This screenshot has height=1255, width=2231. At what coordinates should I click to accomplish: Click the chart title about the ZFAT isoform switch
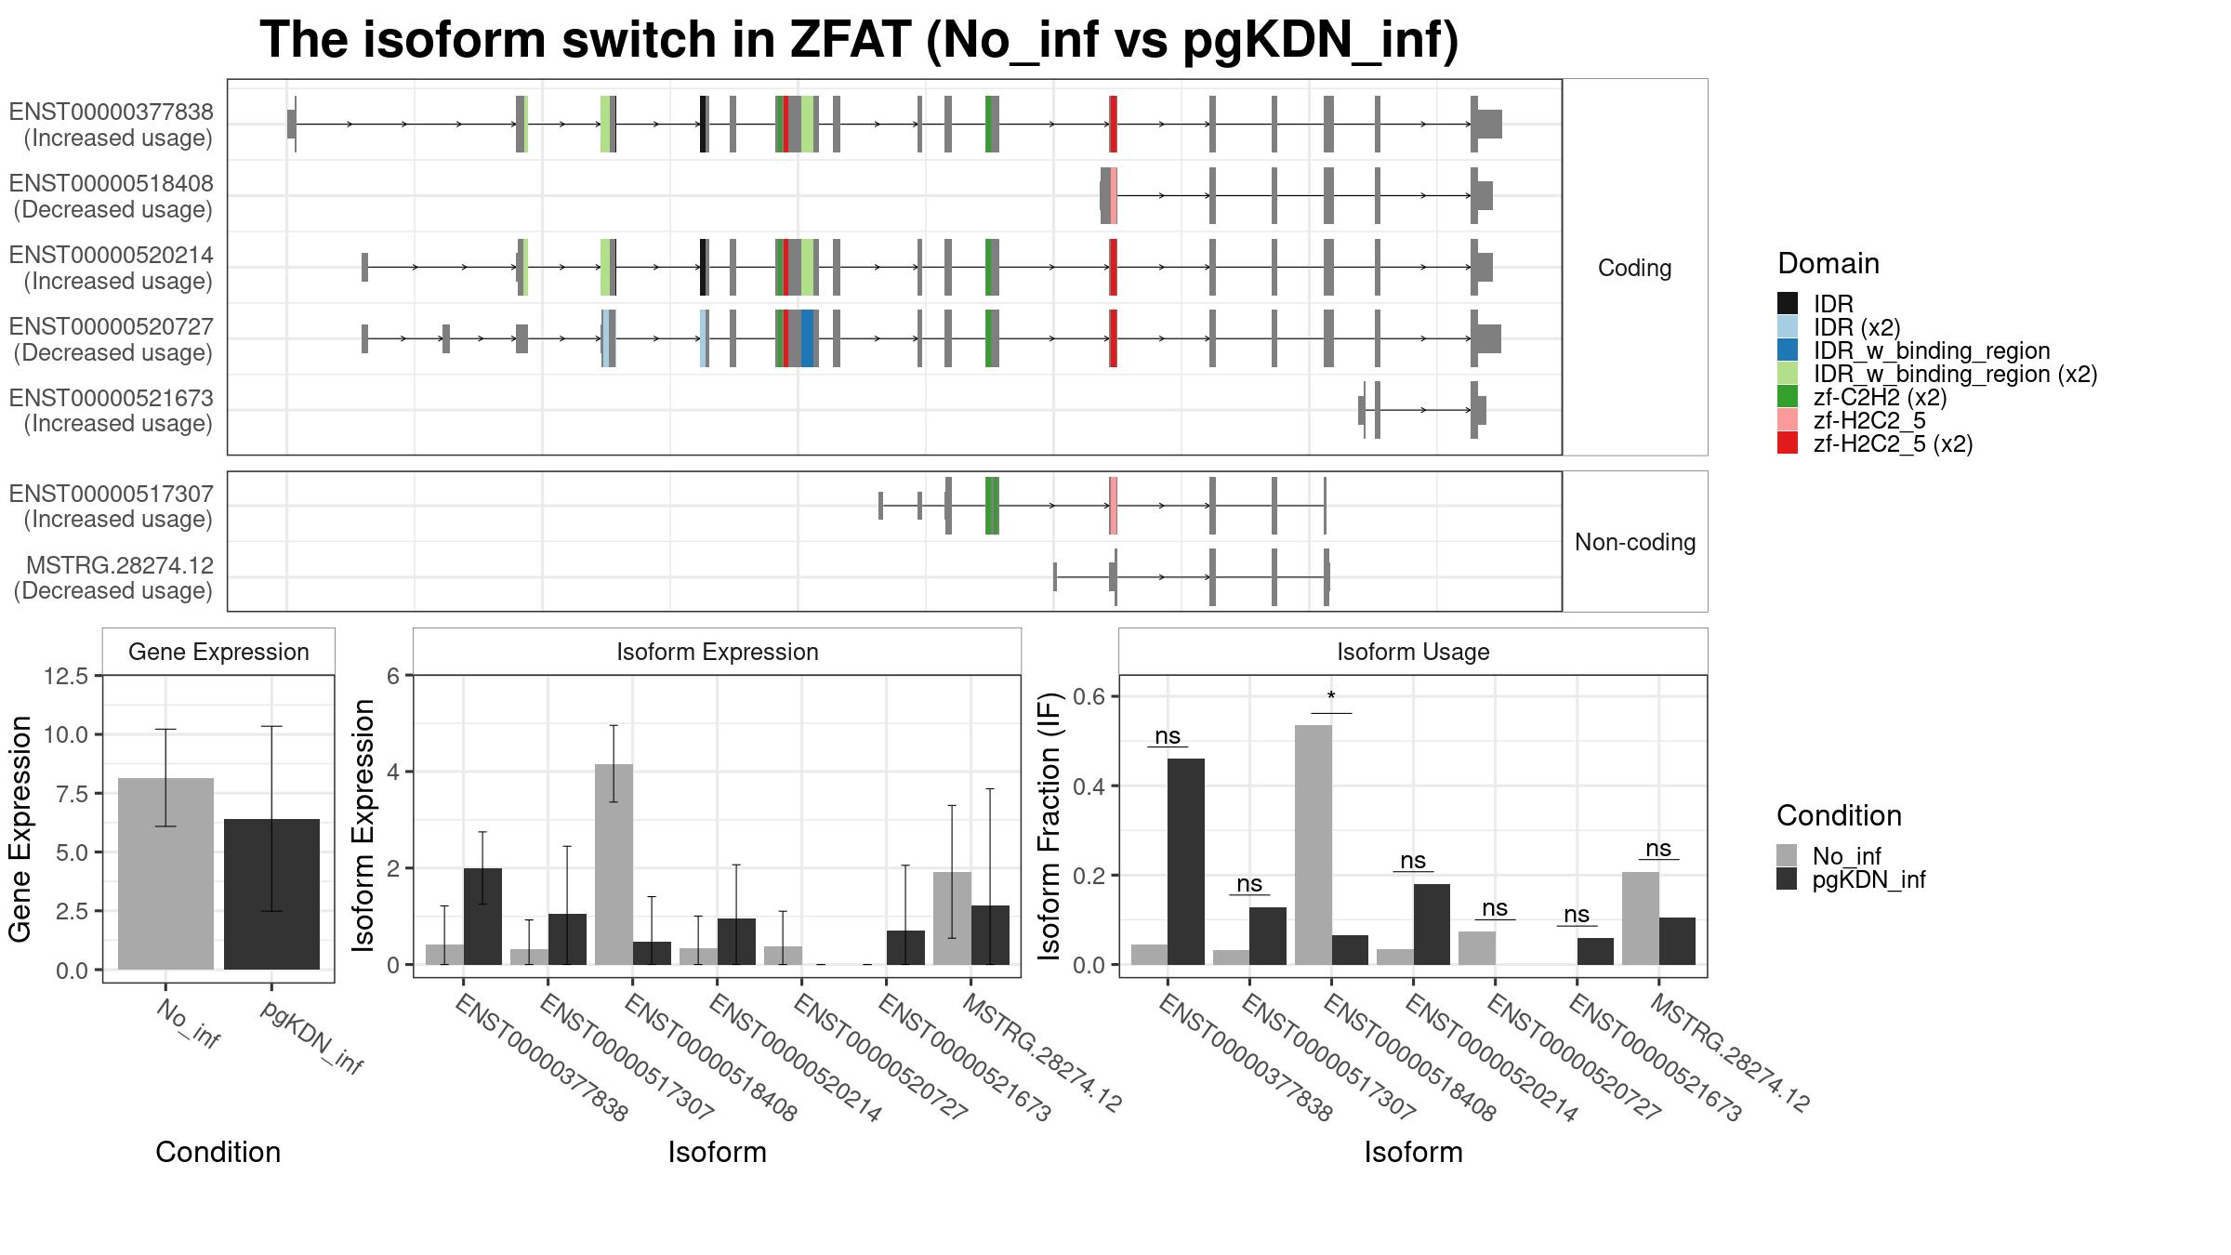tap(859, 41)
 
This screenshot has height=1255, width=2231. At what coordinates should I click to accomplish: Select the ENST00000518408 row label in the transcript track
tap(112, 196)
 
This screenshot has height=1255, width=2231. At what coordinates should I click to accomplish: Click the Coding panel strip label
tap(1634, 268)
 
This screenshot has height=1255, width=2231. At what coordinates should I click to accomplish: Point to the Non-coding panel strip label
tap(1634, 542)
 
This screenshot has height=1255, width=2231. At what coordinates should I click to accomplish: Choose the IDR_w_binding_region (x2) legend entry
tap(1955, 374)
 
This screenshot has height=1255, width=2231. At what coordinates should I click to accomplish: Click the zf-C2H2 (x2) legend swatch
tap(1788, 397)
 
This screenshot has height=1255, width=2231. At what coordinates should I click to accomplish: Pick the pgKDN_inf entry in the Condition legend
tap(1868, 879)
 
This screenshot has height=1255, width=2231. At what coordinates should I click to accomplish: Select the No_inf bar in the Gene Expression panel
tap(165, 874)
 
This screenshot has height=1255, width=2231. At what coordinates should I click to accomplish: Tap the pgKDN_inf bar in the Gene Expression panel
tap(271, 894)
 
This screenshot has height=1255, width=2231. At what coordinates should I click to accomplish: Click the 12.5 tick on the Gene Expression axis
tap(66, 676)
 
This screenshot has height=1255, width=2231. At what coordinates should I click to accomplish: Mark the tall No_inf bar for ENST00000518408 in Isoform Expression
tap(614, 865)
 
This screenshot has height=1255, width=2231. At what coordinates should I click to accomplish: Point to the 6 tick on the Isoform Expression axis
tap(393, 676)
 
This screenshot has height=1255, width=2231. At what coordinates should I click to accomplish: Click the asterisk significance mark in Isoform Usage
tap(1331, 697)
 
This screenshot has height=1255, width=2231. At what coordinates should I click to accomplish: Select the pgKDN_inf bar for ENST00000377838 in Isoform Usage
tap(1186, 862)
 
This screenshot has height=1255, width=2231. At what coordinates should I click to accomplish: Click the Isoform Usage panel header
tap(1413, 652)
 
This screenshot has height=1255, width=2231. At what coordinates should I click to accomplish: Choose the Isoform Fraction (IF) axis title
tap(1049, 826)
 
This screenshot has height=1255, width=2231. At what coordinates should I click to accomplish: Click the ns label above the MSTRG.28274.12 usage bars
tap(1658, 849)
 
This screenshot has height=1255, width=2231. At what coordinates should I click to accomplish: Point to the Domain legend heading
tap(1828, 264)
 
